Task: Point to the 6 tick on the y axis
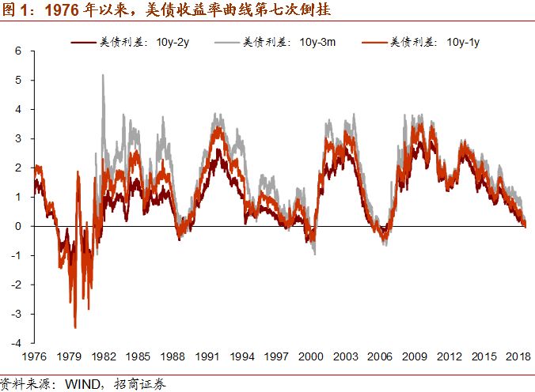[20, 51]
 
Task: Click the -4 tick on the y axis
[17, 344]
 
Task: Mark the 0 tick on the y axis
[20, 227]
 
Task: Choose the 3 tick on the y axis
[20, 139]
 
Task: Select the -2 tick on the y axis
[17, 285]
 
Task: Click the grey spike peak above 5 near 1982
[103, 75]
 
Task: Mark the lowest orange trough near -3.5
[75, 326]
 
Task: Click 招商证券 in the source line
[127, 384]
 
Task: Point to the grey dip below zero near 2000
[315, 253]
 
